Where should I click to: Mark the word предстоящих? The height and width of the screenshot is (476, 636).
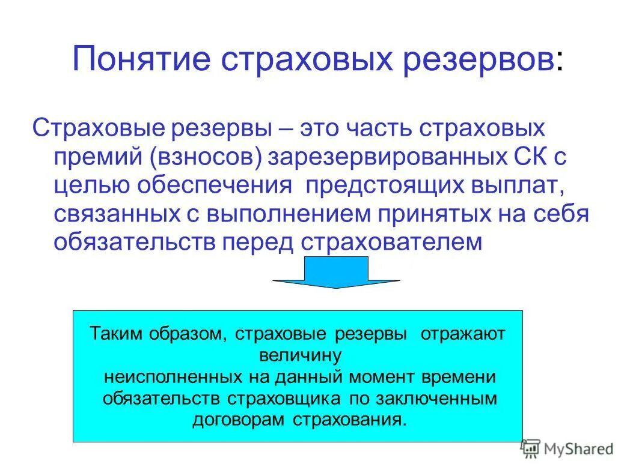pos(381,185)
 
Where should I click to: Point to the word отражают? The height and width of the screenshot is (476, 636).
pos(463,334)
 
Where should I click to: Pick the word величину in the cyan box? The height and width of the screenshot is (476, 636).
pos(299,355)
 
